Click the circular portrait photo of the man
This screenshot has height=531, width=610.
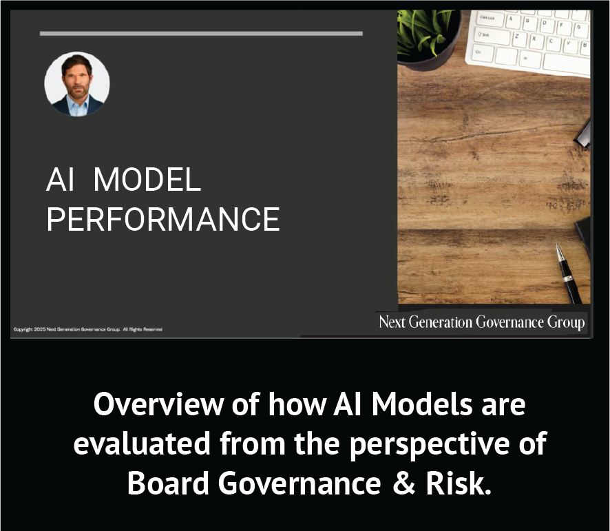point(77,84)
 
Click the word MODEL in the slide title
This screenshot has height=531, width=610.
point(147,180)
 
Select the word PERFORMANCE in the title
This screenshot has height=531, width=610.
point(163,219)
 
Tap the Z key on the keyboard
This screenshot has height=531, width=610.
point(518,37)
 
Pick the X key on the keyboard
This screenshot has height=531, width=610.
point(534,39)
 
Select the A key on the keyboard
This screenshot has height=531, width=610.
point(512,20)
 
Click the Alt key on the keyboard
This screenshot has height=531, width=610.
point(527,59)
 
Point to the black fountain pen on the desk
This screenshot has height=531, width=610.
point(569,273)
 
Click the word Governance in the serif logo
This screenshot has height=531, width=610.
point(509,322)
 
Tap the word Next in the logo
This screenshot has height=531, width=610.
point(392,322)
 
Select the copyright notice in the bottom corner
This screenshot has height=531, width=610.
point(88,329)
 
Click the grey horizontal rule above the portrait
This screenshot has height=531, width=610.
point(201,34)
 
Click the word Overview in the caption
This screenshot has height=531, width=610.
point(158,404)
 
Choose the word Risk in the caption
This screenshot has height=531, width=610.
point(459,483)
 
